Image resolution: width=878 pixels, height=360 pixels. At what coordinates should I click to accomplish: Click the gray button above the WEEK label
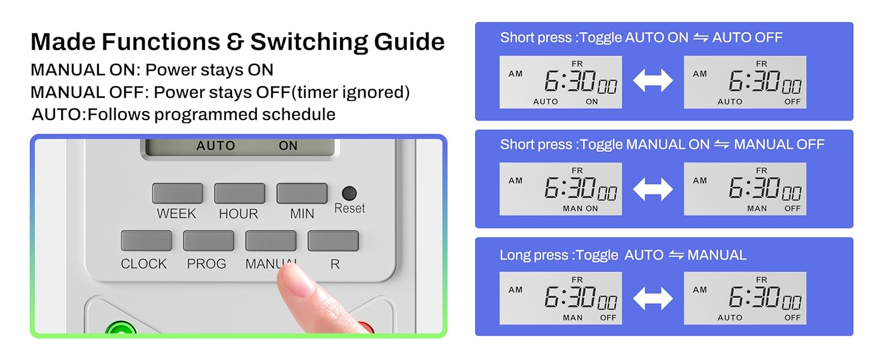[177, 194]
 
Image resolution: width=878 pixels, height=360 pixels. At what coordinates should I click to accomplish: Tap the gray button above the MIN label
[302, 194]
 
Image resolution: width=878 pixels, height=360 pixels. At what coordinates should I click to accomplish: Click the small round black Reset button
[348, 193]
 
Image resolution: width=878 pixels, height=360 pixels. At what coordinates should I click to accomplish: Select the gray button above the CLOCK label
[146, 241]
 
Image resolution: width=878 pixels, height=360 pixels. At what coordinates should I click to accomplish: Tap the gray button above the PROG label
[208, 241]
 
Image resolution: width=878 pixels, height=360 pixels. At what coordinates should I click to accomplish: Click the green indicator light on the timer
[121, 329]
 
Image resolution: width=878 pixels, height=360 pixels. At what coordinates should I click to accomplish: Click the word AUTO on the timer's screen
[215, 146]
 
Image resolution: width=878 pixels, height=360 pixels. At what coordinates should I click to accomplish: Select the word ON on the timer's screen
[288, 146]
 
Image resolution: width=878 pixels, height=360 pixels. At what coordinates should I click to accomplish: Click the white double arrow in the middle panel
[653, 189]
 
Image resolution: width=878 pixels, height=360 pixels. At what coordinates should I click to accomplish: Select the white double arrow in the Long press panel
[653, 298]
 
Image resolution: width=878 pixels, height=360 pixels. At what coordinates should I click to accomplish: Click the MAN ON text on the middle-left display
[580, 209]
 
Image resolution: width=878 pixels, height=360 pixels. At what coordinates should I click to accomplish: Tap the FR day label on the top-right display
[761, 64]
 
